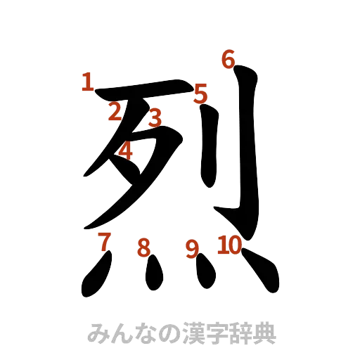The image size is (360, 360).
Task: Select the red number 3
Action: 155,116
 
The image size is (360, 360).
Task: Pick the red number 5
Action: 200,94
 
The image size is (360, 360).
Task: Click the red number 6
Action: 227,60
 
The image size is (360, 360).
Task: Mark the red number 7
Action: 104,241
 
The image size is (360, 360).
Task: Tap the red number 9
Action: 191,249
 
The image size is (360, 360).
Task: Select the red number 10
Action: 229,245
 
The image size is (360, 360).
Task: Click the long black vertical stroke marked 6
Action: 248,148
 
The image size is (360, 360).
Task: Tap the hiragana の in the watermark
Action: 155,333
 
